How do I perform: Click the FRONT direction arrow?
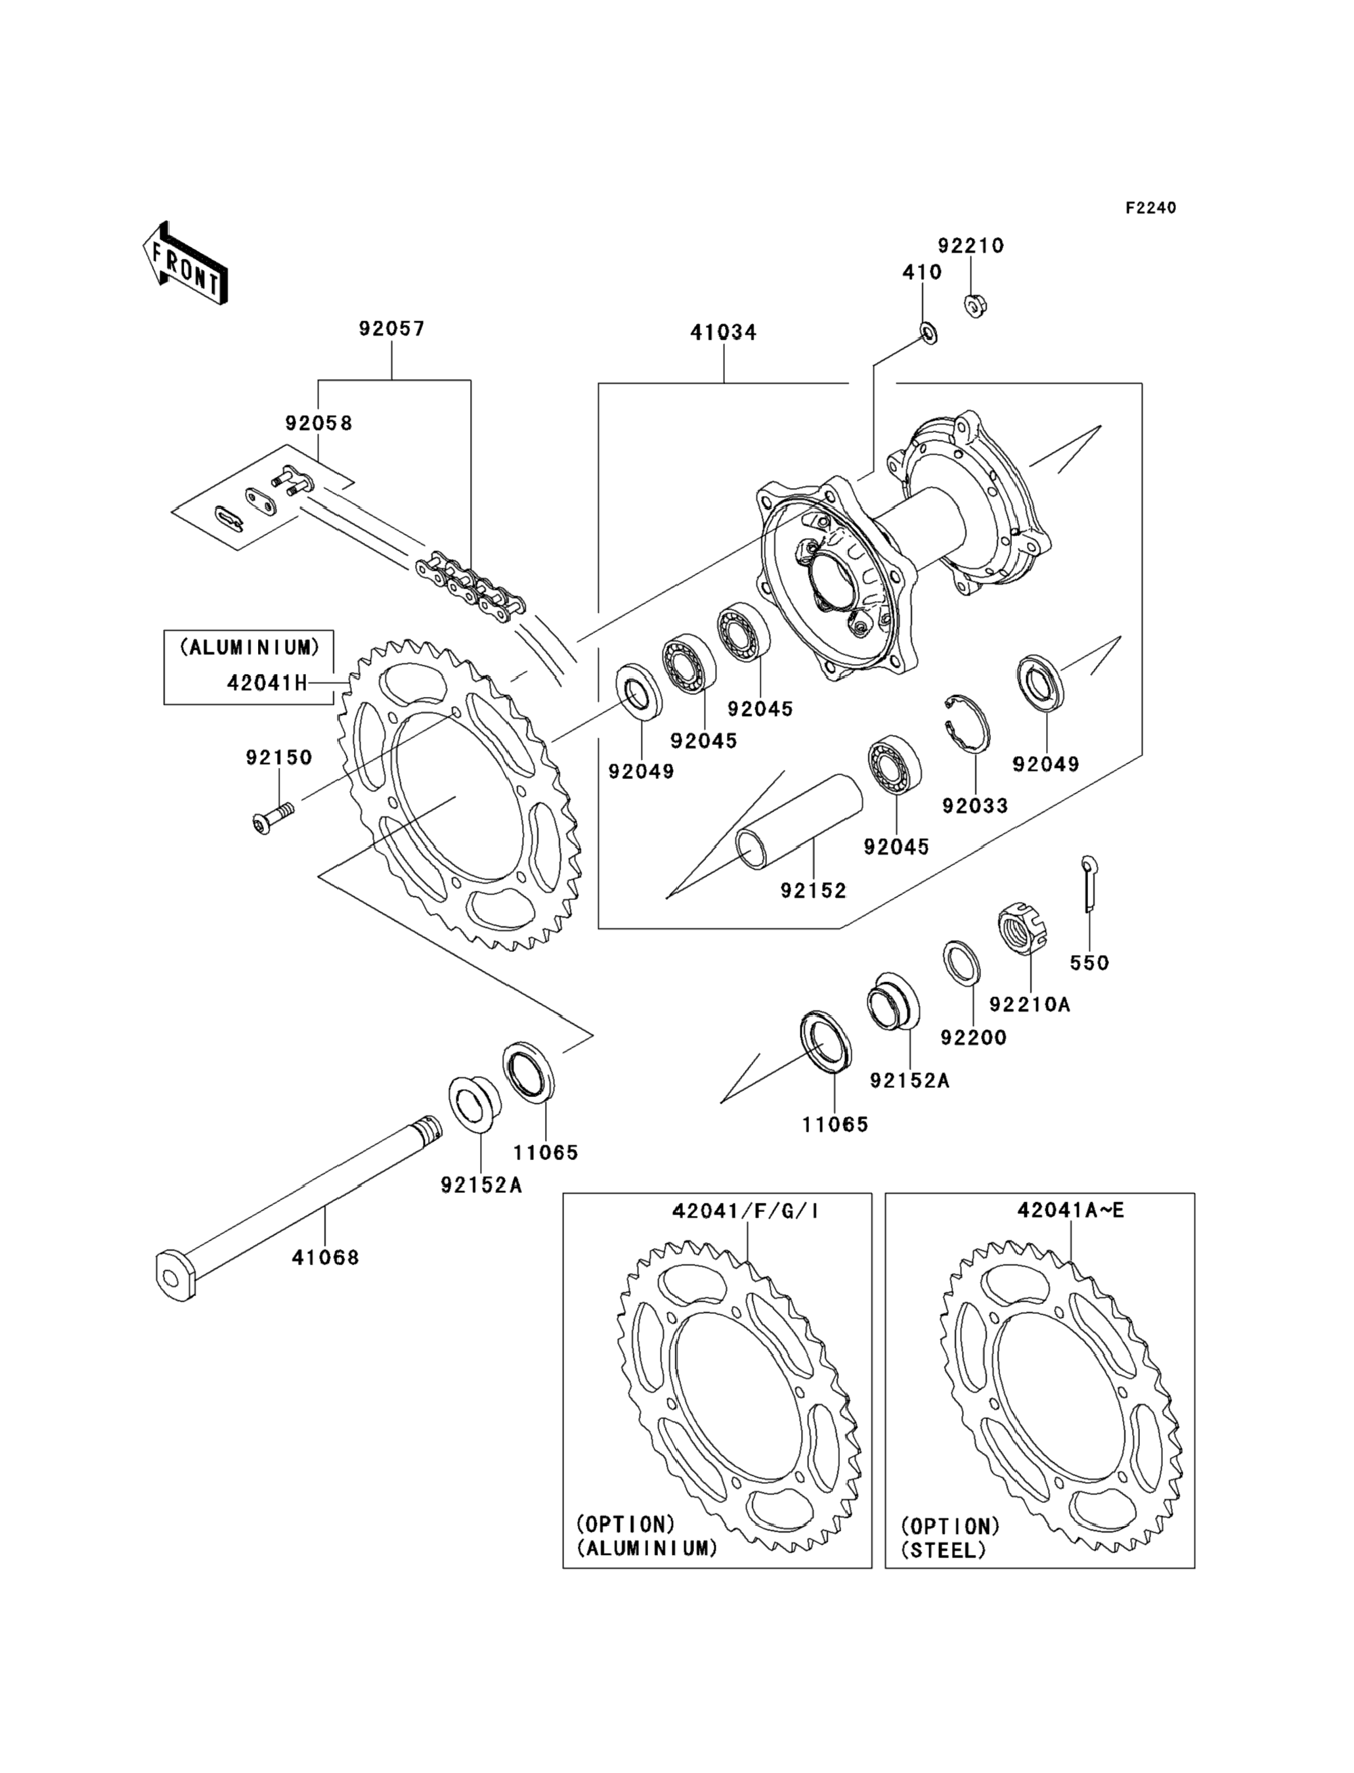[x=185, y=263]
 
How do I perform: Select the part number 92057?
[x=392, y=329]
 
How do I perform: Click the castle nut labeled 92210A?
[x=1023, y=930]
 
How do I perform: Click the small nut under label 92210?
[x=975, y=305]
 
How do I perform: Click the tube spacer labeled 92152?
[x=800, y=822]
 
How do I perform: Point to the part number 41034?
[x=723, y=332]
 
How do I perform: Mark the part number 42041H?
[x=267, y=683]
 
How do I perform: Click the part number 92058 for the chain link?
[x=318, y=423]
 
